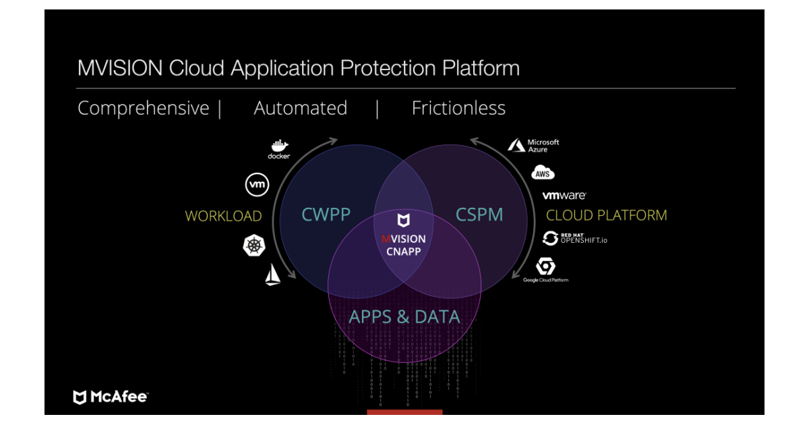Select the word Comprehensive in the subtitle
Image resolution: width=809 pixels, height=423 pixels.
click(143, 108)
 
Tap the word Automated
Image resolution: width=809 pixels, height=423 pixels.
click(300, 108)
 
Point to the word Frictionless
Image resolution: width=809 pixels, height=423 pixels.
click(458, 108)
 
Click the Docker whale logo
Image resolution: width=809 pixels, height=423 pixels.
click(278, 146)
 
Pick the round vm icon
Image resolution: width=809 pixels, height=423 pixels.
click(257, 184)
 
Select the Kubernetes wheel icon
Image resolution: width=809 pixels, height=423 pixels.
click(254, 246)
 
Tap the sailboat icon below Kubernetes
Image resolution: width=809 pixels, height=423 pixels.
click(272, 275)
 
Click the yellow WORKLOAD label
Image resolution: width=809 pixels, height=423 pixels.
click(223, 216)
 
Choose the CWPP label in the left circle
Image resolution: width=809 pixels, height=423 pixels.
click(326, 215)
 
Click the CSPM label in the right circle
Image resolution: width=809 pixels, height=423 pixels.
click(479, 215)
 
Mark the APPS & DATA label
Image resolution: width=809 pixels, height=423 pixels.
click(404, 316)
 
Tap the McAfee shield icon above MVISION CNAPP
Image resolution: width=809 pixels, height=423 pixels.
click(402, 221)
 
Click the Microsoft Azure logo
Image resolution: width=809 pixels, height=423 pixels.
click(533, 146)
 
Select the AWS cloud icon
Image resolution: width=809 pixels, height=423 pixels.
click(543, 173)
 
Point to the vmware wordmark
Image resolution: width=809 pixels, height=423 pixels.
click(564, 196)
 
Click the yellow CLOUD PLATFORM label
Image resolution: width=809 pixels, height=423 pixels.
click(606, 215)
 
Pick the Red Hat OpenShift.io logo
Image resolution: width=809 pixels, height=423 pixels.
click(570, 238)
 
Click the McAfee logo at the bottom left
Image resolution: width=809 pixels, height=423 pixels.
click(110, 397)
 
